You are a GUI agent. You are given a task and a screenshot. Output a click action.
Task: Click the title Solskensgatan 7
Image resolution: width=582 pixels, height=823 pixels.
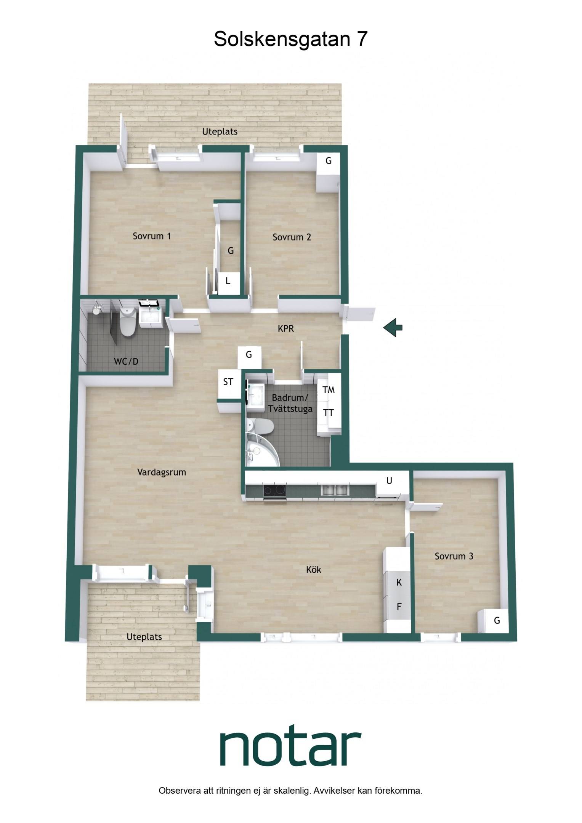click(x=290, y=39)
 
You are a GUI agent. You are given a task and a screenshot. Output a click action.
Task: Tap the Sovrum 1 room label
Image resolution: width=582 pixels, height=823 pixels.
click(x=152, y=236)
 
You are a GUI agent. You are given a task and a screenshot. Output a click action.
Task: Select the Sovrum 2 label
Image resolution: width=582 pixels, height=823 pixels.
click(x=292, y=237)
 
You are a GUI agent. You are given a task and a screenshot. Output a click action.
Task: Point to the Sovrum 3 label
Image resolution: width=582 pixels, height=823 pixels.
click(x=454, y=556)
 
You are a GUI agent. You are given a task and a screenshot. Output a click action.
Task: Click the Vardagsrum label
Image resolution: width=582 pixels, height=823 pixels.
click(x=162, y=472)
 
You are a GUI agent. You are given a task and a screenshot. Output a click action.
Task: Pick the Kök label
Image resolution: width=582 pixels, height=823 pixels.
click(x=314, y=570)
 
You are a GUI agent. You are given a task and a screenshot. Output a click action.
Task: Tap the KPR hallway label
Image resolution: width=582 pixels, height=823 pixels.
click(x=286, y=328)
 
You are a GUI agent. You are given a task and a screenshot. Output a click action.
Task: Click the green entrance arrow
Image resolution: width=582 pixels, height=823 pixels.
click(x=393, y=327)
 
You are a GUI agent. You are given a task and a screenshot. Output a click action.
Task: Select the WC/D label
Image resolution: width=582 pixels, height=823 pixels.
click(x=126, y=362)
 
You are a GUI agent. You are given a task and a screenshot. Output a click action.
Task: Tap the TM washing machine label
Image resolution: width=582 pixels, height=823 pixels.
click(x=329, y=390)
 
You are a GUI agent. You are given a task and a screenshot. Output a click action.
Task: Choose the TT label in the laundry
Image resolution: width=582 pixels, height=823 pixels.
click(x=329, y=413)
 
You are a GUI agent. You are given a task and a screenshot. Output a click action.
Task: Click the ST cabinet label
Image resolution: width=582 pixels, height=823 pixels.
click(x=228, y=382)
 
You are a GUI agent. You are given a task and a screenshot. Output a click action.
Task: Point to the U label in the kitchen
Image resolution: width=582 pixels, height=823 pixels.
click(x=389, y=481)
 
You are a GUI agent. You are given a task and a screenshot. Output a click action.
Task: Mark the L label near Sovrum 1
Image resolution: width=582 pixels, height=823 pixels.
click(x=228, y=281)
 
